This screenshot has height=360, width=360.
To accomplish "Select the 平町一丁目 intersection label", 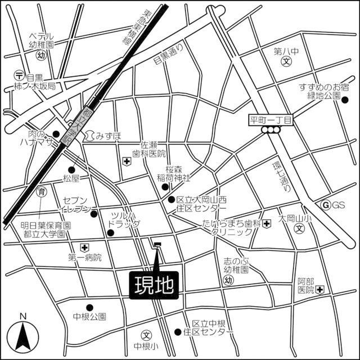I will pyautogui.click(x=272, y=120).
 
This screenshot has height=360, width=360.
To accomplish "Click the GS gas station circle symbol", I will pyautogui.click(x=325, y=205).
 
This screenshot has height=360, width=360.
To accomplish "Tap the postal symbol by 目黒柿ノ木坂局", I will pyautogui.click(x=19, y=74).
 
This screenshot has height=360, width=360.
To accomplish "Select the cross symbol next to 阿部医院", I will pyautogui.click(x=320, y=290).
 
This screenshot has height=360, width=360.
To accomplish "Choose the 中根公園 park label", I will pyautogui.click(x=89, y=317).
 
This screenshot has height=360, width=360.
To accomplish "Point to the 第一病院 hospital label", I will pyautogui.click(x=85, y=258).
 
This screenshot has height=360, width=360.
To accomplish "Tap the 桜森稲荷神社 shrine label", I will pyautogui.click(x=173, y=173).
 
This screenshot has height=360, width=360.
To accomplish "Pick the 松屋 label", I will pyautogui.click(x=73, y=179).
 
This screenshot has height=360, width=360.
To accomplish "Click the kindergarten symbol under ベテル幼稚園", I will pyautogui.click(x=41, y=55).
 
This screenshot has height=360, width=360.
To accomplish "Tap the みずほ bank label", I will pyautogui.click(x=107, y=136).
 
